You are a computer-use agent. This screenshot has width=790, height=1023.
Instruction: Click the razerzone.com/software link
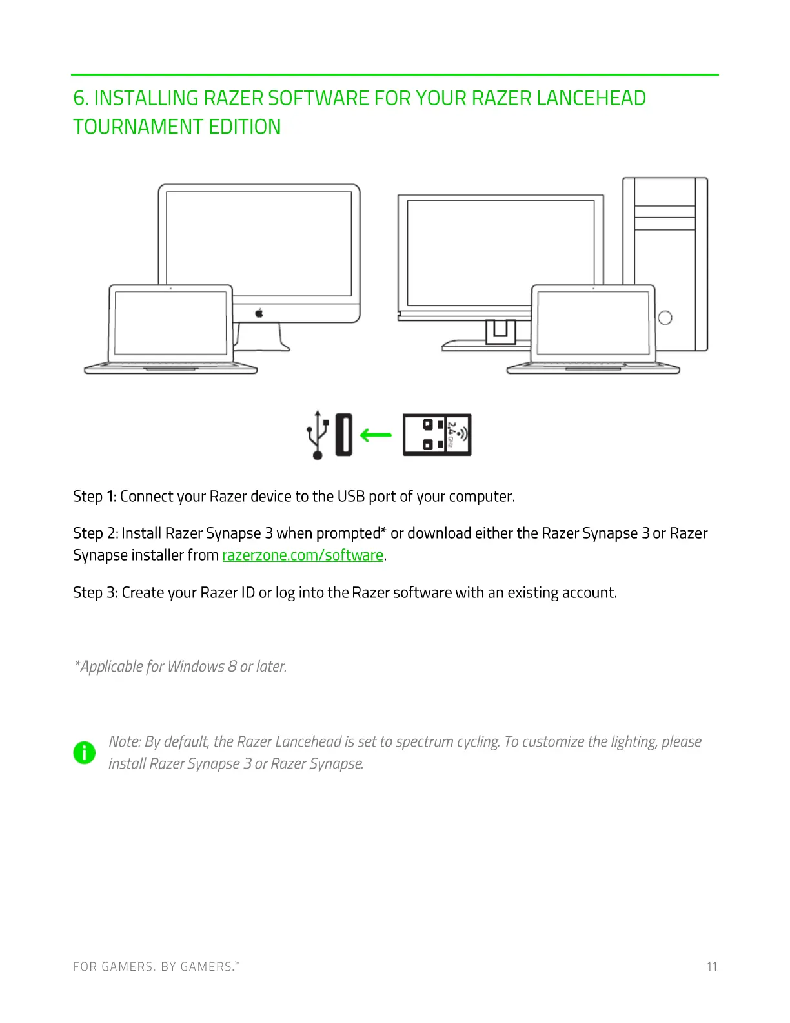pyautogui.click(x=303, y=555)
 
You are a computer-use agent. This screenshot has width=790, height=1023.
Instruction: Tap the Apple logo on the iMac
pyautogui.click(x=259, y=313)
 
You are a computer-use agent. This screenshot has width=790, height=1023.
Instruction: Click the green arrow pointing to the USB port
pyautogui.click(x=376, y=435)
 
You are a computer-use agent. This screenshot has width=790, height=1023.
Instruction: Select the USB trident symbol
pyautogui.click(x=317, y=435)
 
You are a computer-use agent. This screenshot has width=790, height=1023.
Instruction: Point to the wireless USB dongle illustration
pyautogui.click(x=437, y=435)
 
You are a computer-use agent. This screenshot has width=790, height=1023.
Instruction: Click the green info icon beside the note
pyautogui.click(x=85, y=752)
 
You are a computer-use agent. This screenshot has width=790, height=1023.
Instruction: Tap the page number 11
pyautogui.click(x=711, y=966)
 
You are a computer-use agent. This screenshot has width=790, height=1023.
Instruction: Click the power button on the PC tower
pyautogui.click(x=665, y=318)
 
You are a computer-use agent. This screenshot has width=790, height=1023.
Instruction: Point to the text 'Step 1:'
pyautogui.click(x=94, y=496)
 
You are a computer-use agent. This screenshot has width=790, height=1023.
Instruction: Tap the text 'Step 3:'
pyautogui.click(x=95, y=593)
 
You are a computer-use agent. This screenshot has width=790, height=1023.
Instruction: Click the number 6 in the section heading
pyautogui.click(x=79, y=98)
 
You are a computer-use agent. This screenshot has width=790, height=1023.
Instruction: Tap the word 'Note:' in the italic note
pyautogui.click(x=125, y=741)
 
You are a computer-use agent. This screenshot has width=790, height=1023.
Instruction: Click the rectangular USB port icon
pyautogui.click(x=343, y=435)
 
